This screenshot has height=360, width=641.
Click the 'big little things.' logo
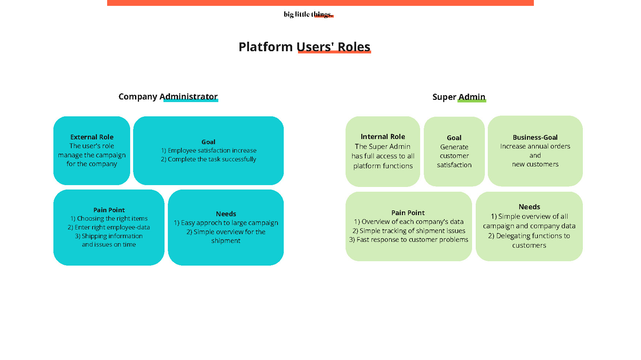click(308, 14)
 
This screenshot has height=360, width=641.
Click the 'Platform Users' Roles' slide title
click(305, 47)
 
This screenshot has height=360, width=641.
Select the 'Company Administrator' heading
click(168, 97)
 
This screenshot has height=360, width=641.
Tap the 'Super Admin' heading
click(459, 97)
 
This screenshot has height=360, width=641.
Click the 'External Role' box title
click(92, 137)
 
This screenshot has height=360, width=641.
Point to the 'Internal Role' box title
click(383, 136)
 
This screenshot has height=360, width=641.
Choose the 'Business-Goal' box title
click(535, 138)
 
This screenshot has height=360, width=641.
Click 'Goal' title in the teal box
click(208, 142)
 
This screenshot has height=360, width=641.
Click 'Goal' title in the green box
click(454, 138)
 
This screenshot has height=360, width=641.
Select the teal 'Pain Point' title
click(109, 210)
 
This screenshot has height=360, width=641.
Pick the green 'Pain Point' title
click(408, 213)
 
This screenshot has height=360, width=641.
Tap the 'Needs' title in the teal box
click(226, 214)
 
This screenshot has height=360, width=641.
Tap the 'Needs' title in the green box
click(529, 207)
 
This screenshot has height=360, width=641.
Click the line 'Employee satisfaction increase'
click(209, 150)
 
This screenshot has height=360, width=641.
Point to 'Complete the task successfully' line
click(208, 159)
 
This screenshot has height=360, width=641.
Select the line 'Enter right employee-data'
click(109, 227)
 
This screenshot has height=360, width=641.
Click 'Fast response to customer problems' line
click(408, 240)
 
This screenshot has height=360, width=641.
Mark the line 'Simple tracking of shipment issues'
click(409, 231)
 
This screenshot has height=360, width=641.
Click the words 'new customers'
click(535, 164)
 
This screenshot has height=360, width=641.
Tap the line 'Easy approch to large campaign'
click(226, 223)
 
